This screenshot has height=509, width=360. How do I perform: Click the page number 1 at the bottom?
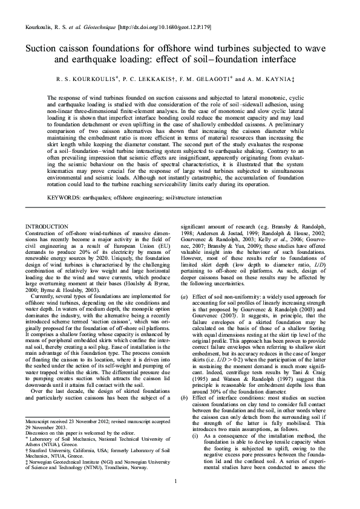pos(175,481)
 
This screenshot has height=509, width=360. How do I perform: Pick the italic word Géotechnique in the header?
pos(101,28)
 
